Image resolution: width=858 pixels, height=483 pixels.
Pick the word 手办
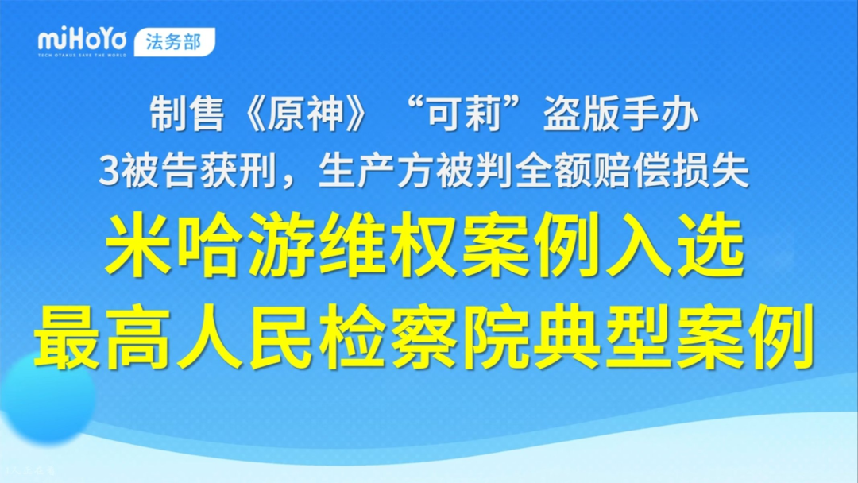point(664,117)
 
